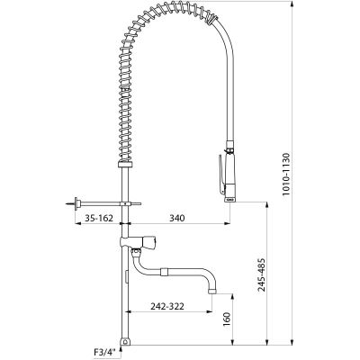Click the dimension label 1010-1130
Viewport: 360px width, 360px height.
(285, 174)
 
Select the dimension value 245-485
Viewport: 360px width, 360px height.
(262, 274)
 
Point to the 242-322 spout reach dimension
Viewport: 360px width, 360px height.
(167, 306)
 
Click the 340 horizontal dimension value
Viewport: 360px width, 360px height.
(177, 218)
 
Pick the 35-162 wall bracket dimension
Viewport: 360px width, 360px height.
(99, 218)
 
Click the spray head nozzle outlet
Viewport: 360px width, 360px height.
(229, 201)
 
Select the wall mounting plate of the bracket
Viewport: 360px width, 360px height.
(78, 204)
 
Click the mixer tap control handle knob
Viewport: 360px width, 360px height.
(149, 241)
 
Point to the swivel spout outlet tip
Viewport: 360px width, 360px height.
(211, 292)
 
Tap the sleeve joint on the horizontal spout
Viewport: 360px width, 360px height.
(165, 272)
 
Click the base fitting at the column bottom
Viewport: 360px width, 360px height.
(125, 342)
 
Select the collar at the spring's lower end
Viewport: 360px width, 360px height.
(125, 165)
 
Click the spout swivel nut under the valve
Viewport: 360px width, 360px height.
(136, 253)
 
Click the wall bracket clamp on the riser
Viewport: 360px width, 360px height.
(125, 204)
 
